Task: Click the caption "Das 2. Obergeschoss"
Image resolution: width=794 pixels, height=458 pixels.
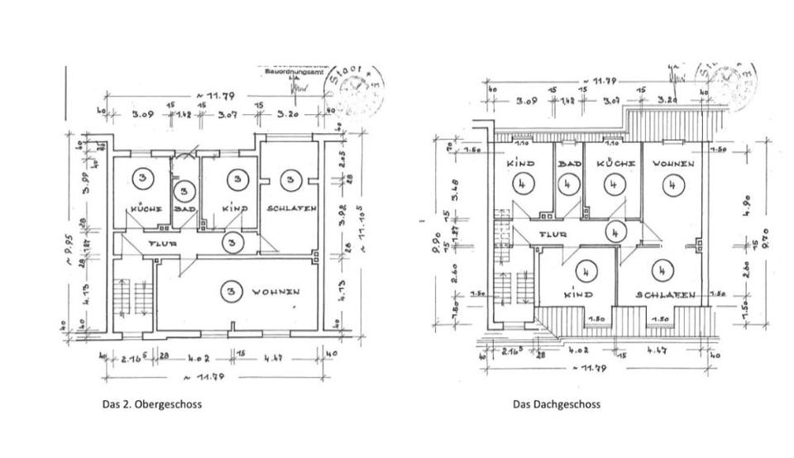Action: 151,404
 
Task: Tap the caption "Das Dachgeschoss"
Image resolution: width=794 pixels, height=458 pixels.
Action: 556,404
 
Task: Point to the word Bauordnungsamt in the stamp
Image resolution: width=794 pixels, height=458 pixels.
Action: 292,72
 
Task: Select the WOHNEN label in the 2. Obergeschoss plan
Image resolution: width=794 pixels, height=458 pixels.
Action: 276,292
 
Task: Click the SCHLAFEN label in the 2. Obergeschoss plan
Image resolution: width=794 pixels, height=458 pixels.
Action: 291,209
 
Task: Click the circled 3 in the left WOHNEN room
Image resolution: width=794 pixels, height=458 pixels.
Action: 232,291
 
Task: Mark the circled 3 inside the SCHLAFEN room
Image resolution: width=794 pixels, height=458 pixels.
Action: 289,179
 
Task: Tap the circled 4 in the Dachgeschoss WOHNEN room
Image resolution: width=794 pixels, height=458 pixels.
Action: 672,185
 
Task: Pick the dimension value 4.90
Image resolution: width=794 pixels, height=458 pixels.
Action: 747,202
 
